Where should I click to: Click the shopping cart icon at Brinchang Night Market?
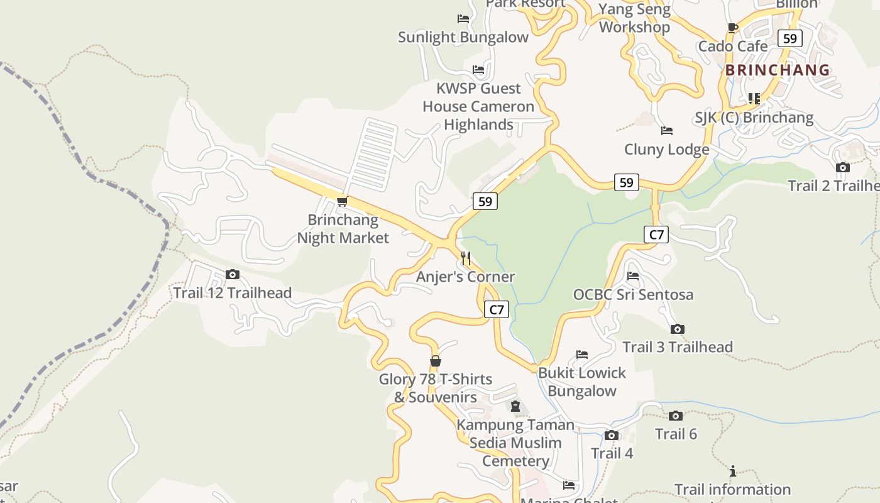coord(342,201)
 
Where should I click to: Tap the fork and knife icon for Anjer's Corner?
coord(466,258)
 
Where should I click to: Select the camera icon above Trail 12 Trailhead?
coord(233,274)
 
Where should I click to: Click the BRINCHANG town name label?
coord(778,70)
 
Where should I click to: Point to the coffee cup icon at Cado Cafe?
coord(732,27)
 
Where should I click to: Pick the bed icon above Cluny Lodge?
coord(667,131)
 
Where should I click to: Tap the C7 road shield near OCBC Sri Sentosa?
coord(656,235)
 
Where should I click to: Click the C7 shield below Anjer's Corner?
coord(497,309)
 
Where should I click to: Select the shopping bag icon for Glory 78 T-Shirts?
coord(435,361)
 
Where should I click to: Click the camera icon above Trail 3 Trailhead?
coord(677,329)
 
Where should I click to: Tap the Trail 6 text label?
coord(676,434)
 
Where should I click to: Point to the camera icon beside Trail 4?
coord(611,435)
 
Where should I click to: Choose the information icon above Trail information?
coord(732,471)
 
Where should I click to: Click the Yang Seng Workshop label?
coord(634,18)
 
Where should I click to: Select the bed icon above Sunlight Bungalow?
coord(463,19)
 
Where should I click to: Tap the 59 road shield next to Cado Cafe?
coord(790,38)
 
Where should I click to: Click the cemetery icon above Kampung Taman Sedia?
coord(515,406)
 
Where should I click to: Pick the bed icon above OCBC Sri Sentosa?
coord(633,276)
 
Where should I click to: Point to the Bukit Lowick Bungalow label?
coord(582,382)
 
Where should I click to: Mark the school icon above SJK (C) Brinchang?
coord(754,99)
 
